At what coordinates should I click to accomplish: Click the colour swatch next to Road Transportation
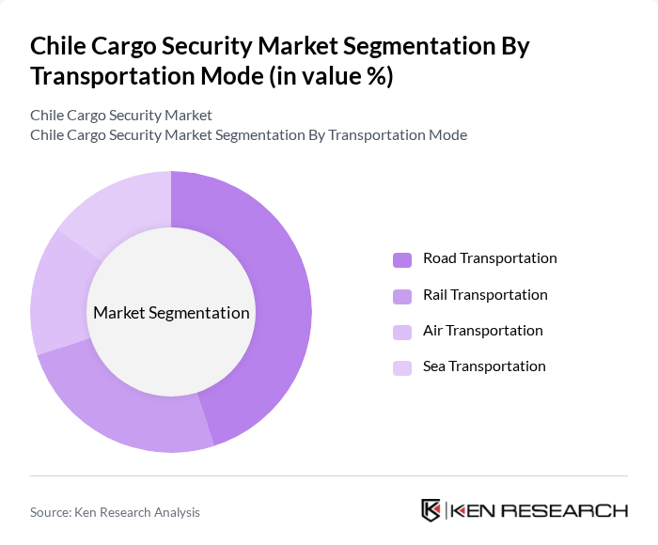(x=402, y=259)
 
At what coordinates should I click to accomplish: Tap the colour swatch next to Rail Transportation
(x=402, y=296)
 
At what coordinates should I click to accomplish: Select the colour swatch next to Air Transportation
(x=402, y=332)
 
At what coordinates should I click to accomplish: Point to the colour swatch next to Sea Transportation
(x=402, y=367)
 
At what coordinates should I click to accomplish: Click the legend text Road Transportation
(x=490, y=258)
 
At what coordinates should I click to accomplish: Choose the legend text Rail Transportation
(x=485, y=295)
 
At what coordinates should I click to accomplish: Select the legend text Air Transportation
(x=482, y=331)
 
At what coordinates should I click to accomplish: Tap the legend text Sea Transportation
(x=484, y=366)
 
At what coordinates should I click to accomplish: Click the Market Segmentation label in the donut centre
(x=171, y=313)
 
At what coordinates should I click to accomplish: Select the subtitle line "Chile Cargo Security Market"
(x=121, y=115)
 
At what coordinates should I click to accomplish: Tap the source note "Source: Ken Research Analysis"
(x=115, y=512)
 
